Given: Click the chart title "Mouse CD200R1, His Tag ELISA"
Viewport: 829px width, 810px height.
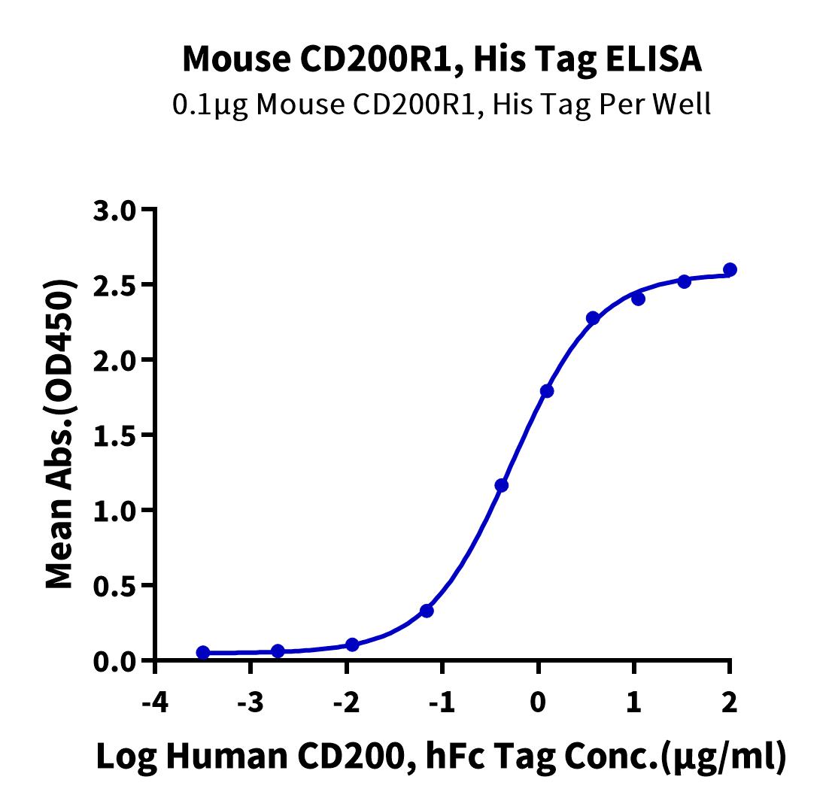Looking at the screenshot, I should (x=442, y=59).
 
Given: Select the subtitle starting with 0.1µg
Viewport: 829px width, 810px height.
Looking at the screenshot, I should (x=442, y=104).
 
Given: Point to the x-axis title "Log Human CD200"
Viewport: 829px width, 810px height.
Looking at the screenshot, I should (x=442, y=757).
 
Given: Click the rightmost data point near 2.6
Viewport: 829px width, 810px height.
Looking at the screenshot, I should (x=730, y=269).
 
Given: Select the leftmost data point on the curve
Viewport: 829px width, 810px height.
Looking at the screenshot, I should (x=203, y=652).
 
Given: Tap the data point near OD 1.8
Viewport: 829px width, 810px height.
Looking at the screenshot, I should (x=547, y=391).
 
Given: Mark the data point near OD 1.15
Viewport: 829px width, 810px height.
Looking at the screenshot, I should (x=502, y=485).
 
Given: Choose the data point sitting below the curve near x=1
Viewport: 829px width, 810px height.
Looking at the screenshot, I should (x=639, y=299).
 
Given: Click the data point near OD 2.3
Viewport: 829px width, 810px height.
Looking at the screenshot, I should (x=593, y=318).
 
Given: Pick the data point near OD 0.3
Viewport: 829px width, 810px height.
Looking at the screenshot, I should (x=427, y=611).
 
